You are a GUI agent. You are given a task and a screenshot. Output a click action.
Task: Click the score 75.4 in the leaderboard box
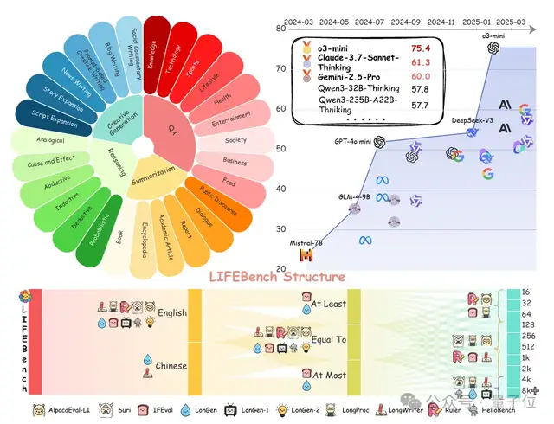click(x=420, y=50)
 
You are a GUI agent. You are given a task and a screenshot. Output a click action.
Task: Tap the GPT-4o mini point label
click(x=356, y=141)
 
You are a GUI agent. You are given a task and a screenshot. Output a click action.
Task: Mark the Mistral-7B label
click(x=309, y=241)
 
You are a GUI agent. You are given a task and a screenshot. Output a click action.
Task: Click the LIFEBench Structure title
click(x=278, y=277)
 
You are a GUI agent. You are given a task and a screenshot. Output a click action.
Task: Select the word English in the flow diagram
click(x=172, y=313)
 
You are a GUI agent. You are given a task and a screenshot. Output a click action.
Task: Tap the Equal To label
click(x=329, y=339)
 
